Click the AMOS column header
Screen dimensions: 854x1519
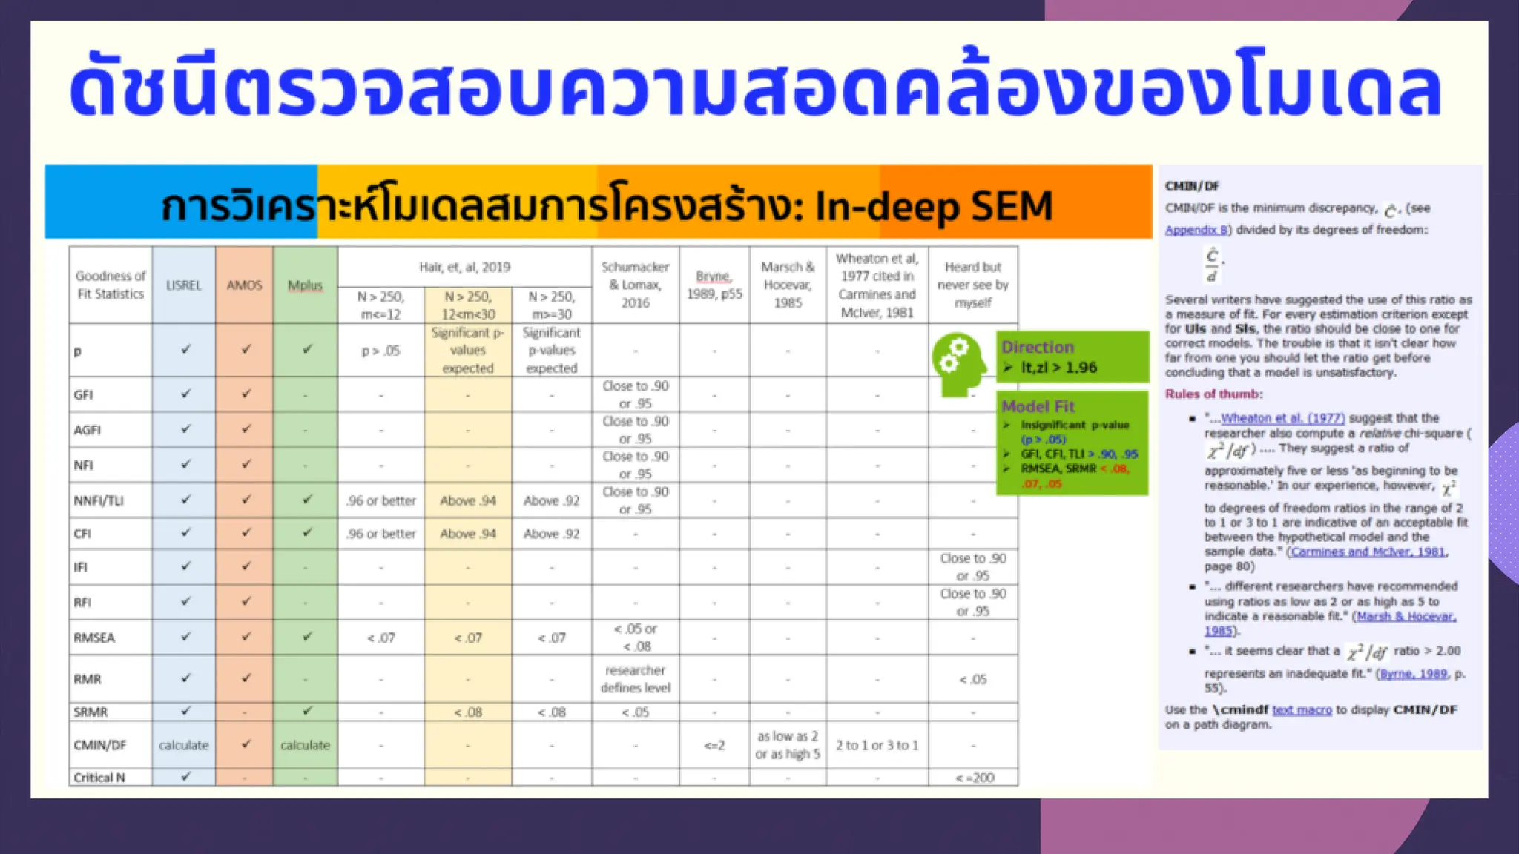[244, 285]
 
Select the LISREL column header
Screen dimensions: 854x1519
[183, 285]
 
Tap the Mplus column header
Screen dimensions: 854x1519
[305, 285]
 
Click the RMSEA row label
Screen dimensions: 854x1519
[94, 638]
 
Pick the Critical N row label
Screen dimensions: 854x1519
[99, 778]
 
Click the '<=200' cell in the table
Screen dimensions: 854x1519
[974, 778]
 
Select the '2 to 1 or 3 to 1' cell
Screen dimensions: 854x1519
[877, 745]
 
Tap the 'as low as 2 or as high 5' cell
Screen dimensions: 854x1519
[788, 745]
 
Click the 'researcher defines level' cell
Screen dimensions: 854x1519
[636, 679]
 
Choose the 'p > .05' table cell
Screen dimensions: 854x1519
[380, 351]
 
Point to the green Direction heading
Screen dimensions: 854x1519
[1037, 347]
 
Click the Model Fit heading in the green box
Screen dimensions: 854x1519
[1038, 406]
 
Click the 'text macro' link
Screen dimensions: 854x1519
[1302, 710]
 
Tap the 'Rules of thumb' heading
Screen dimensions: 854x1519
[1213, 394]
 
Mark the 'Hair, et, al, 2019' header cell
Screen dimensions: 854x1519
[464, 267]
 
